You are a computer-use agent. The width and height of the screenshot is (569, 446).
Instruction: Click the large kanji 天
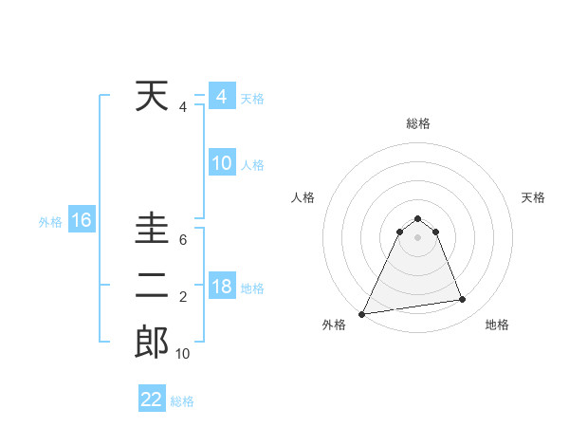(152, 97)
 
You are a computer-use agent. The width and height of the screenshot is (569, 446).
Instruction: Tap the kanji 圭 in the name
(152, 231)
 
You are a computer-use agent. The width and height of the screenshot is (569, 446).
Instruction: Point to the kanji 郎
(152, 343)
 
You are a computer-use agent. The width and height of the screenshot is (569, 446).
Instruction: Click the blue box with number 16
(81, 221)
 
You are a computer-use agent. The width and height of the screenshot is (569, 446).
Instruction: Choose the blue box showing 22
(152, 400)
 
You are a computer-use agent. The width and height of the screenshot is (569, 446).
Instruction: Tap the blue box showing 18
(221, 288)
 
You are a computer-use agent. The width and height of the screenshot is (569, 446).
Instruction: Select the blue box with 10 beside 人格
(221, 163)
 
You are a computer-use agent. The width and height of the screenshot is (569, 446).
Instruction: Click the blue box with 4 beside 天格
(221, 97)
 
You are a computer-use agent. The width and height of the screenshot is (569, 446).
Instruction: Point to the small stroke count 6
(182, 240)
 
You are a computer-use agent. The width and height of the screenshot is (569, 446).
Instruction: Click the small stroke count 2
(182, 298)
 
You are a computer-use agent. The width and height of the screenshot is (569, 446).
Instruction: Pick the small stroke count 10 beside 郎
(182, 354)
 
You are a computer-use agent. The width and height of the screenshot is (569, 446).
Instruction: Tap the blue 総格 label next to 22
(182, 401)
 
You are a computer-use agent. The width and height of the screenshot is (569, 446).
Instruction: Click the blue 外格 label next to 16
(49, 222)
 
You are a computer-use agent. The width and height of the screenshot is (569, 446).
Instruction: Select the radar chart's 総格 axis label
(417, 123)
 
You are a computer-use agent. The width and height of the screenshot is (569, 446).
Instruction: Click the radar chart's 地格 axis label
(497, 325)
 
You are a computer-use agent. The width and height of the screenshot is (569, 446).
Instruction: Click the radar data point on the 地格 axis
(463, 300)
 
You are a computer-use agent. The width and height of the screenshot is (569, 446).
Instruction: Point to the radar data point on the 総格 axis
(417, 218)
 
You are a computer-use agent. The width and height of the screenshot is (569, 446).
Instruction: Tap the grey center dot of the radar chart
(417, 236)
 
